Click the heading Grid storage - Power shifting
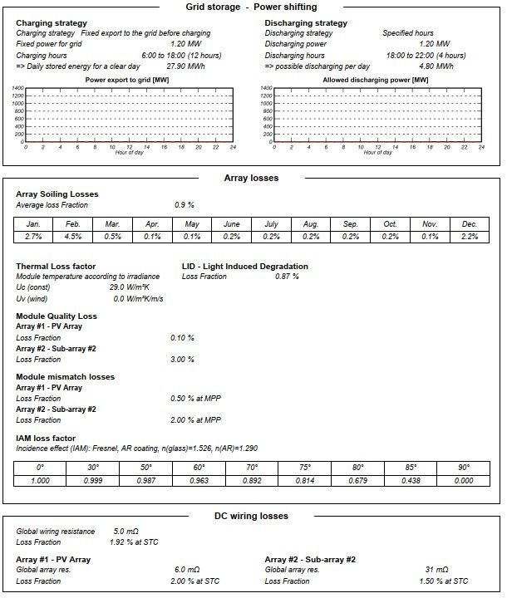(x=251, y=7)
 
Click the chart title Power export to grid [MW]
(x=128, y=80)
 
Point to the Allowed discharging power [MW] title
(x=375, y=80)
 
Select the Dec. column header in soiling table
(x=470, y=224)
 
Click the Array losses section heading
(x=251, y=178)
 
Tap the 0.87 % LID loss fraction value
(x=287, y=277)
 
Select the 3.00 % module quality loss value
(x=182, y=360)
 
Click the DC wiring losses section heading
(x=251, y=516)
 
